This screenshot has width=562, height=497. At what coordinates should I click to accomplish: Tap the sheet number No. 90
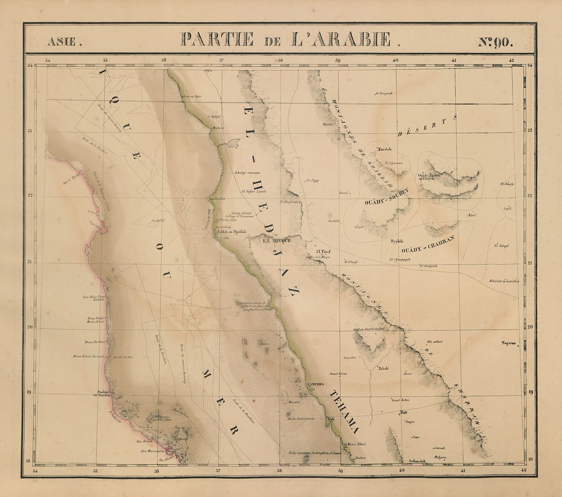(x=495, y=41)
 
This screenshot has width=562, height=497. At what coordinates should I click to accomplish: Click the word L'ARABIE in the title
(x=341, y=39)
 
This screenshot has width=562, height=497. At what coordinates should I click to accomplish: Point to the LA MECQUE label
(x=276, y=240)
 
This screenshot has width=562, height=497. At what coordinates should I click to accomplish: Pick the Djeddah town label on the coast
(x=231, y=231)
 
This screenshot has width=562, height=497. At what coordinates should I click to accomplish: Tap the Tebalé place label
(x=383, y=368)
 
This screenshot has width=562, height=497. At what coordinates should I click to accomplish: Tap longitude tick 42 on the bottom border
(x=522, y=469)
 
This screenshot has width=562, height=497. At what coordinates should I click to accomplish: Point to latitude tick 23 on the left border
(x=30, y=131)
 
